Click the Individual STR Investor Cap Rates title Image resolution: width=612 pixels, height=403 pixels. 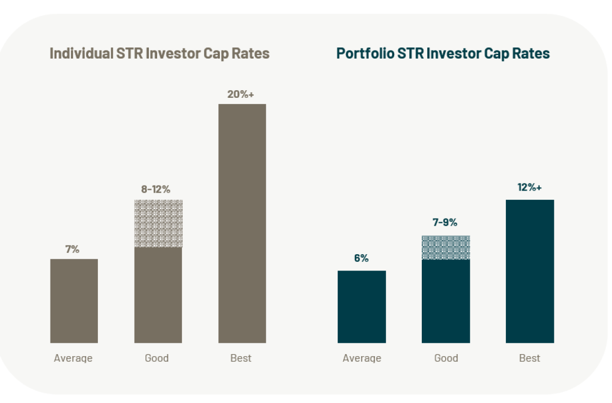(159, 53)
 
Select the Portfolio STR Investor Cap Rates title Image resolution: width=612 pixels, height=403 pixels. (443, 53)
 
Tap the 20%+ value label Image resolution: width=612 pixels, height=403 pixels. (241, 94)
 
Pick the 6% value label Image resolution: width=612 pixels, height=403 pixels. (361, 258)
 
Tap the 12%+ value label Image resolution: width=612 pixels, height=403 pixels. (529, 187)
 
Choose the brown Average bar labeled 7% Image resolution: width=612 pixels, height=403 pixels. (74, 301)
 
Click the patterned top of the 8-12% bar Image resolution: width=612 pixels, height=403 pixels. (158, 223)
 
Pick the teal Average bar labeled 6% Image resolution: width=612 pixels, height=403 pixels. (362, 306)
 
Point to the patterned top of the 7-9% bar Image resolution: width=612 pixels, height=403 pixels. (446, 248)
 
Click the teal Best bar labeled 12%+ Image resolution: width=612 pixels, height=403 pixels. (529, 271)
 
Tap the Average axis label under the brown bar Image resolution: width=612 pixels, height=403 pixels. (73, 358)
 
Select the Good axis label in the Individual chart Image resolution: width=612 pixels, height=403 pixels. (157, 358)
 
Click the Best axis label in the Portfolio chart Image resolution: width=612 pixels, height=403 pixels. (529, 358)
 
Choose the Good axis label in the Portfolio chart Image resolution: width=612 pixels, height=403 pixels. (446, 358)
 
